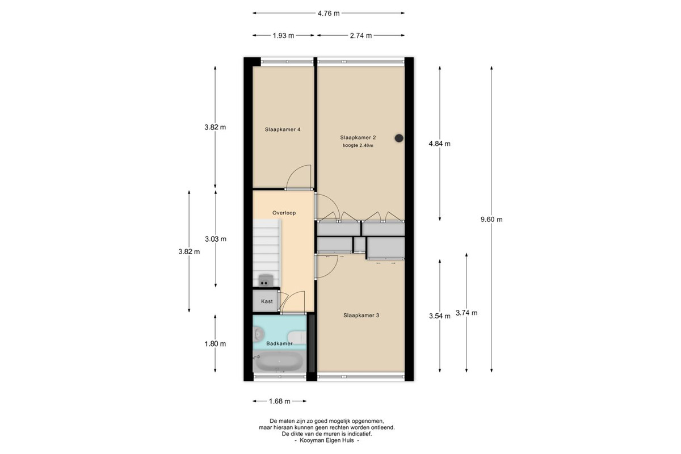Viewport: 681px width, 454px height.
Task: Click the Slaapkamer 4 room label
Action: click(283, 129)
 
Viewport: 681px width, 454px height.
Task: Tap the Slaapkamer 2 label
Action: click(358, 137)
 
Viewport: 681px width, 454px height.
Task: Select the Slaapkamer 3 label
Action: click(361, 316)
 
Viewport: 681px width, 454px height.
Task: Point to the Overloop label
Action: click(284, 213)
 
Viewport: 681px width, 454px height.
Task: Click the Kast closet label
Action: click(267, 301)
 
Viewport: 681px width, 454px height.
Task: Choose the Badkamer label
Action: click(279, 343)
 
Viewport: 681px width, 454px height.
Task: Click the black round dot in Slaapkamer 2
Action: click(399, 138)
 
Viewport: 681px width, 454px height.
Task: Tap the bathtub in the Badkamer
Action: click(279, 361)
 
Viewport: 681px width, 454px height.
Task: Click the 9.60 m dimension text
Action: click(491, 220)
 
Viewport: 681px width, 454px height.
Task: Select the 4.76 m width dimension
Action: click(329, 14)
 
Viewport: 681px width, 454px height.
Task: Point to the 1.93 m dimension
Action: click(283, 36)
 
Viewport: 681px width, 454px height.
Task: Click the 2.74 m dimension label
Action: click(361, 36)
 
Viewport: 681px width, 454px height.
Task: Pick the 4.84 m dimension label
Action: click(440, 144)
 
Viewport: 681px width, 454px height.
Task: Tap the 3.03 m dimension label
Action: click(216, 239)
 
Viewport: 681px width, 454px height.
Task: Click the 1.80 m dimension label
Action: click(215, 344)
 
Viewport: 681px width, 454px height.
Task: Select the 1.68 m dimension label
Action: click(280, 401)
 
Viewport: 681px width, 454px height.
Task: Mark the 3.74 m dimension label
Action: click(466, 313)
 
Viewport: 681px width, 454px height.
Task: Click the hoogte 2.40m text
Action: click(358, 146)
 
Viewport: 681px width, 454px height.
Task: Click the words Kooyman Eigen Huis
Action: click(327, 440)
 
